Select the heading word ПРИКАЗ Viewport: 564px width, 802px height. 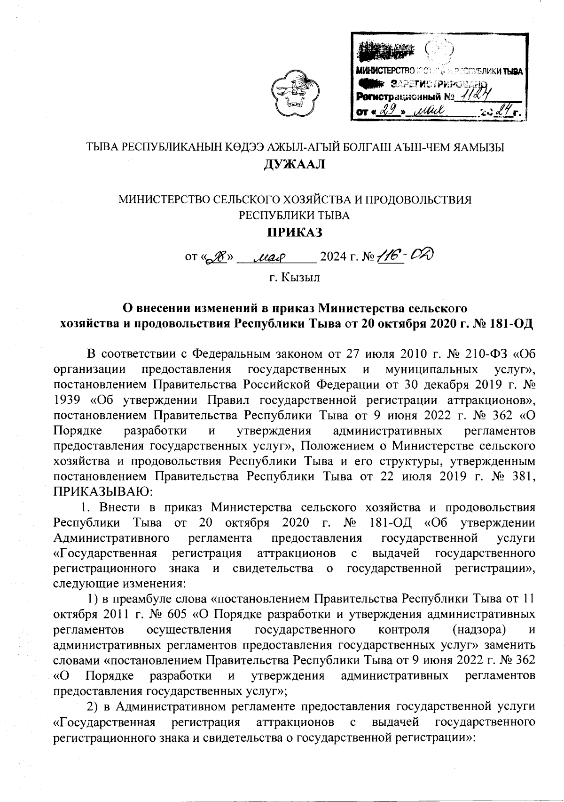294,232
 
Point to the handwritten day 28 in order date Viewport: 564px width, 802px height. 219,257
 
